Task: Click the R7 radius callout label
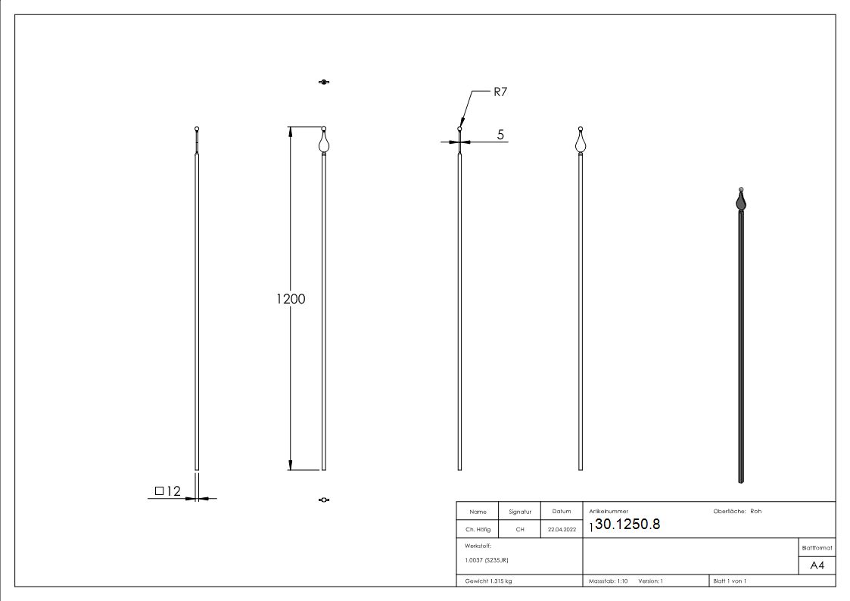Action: (x=500, y=92)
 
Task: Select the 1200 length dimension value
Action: (x=291, y=299)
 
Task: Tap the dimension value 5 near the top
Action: (x=500, y=135)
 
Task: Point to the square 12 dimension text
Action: (x=168, y=491)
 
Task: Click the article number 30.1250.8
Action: (x=627, y=525)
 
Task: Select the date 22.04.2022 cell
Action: (x=562, y=530)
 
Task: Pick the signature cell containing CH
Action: (x=520, y=530)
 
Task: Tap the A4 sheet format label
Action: (x=817, y=565)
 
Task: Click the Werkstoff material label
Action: (x=478, y=545)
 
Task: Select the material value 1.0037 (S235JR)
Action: (x=487, y=560)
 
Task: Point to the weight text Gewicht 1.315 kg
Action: (x=489, y=581)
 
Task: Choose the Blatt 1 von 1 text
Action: (x=730, y=581)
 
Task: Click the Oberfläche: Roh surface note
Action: (x=737, y=511)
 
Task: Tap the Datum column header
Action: (x=562, y=512)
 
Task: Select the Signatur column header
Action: (x=520, y=512)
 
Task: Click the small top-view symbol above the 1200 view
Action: (x=324, y=82)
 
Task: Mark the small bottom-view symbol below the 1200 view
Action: (x=324, y=500)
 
